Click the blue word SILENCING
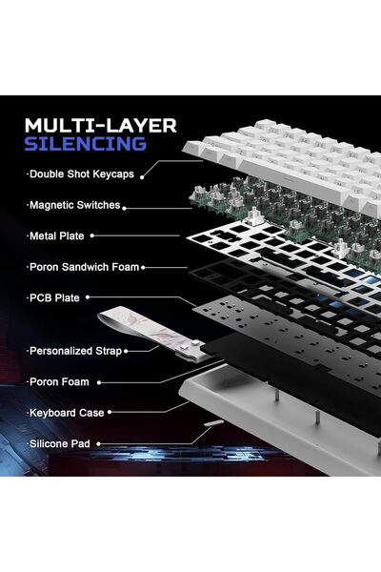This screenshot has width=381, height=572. coord(86,144)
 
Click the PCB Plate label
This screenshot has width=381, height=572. coord(54,297)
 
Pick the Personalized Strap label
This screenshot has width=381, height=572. coord(74,351)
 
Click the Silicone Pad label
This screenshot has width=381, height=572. coord(59,443)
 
